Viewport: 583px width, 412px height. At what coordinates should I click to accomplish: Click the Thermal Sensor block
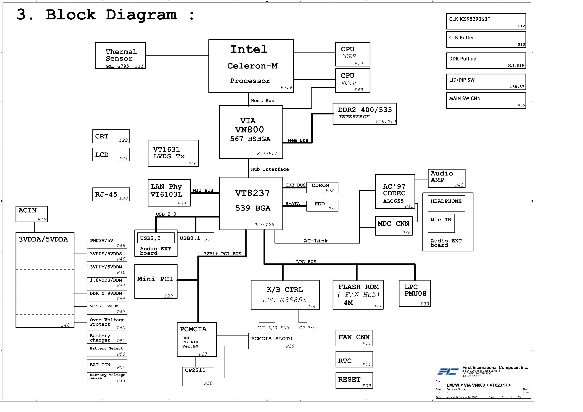[120, 55]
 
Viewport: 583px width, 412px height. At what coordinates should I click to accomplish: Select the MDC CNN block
[393, 226]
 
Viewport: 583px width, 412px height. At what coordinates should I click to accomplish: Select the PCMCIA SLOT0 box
[272, 341]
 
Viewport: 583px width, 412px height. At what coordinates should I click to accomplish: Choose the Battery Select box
[107, 351]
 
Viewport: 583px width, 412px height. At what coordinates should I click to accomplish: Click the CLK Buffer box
[486, 40]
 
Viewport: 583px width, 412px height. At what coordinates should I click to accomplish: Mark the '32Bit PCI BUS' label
[222, 254]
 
